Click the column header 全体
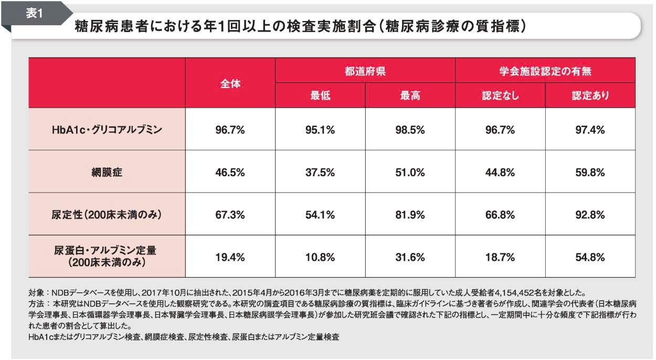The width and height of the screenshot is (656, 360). [230, 83]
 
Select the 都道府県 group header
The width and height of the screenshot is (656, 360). [365, 71]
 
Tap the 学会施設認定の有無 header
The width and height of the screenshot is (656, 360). [545, 71]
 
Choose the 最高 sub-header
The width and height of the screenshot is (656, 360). [410, 96]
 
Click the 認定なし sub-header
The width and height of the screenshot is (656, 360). [500, 96]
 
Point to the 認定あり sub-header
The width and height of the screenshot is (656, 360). [590, 96]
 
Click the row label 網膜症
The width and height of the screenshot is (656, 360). [107, 172]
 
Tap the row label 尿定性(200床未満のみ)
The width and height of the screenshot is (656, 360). [107, 215]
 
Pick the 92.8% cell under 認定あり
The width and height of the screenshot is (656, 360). [590, 215]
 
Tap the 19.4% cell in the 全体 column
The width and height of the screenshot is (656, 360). [230, 257]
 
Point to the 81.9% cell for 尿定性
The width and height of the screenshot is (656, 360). [410, 215]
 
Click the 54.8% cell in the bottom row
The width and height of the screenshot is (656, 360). [590, 257]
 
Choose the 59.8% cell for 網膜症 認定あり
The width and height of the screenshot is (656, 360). [590, 172]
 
